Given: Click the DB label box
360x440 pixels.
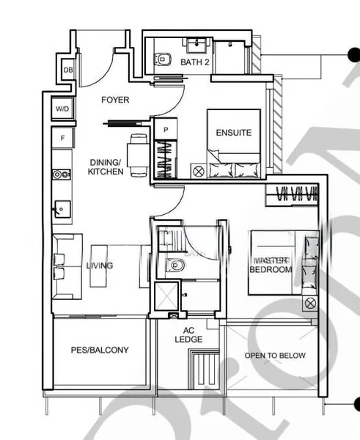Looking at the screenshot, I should tap(68, 70).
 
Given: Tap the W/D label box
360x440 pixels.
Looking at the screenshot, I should tap(61, 109).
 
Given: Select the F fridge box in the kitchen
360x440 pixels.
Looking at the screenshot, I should tap(62, 138).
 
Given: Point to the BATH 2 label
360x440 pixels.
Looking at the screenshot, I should tap(195, 63).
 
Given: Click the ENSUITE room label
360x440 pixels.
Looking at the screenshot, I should tap(233, 133).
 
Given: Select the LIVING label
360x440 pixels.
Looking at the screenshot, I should tap(99, 265).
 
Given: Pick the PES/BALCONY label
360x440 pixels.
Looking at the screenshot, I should tap(100, 350).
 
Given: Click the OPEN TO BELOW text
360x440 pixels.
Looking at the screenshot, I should tap(275, 356).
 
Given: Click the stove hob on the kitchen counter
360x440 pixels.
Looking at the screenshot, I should tap(62, 175).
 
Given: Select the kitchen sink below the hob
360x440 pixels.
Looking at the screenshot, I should tap(61, 209).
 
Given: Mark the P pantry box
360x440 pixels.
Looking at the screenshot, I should tap(166, 129).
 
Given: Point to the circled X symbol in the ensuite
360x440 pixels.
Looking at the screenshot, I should tap(198, 171).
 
